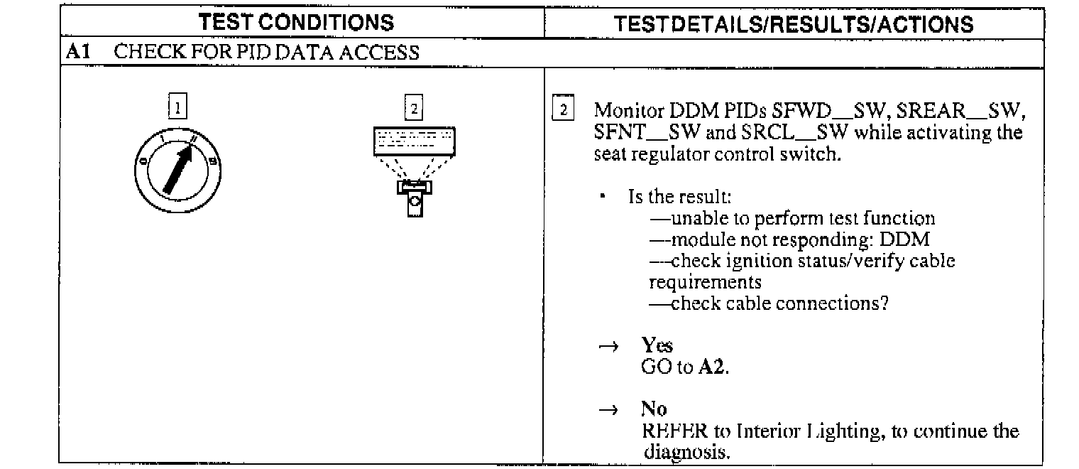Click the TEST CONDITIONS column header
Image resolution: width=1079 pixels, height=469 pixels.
coord(297,23)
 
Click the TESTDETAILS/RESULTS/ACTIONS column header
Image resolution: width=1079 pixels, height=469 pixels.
coord(794,25)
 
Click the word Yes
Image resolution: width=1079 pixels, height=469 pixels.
coord(657,345)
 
